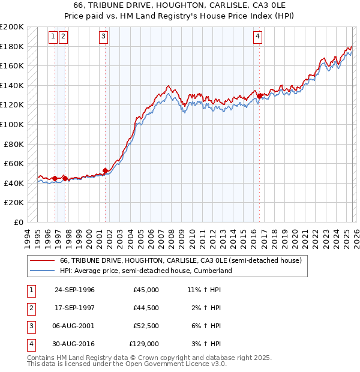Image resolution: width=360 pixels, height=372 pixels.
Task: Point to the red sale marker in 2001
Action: (106, 170)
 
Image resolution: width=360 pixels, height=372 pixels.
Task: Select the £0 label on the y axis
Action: (18, 222)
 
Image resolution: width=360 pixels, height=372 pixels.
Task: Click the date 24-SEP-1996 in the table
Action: (74, 290)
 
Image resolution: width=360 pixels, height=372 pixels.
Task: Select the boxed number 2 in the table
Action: (30, 308)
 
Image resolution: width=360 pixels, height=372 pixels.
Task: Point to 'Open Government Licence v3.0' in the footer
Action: (179, 364)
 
